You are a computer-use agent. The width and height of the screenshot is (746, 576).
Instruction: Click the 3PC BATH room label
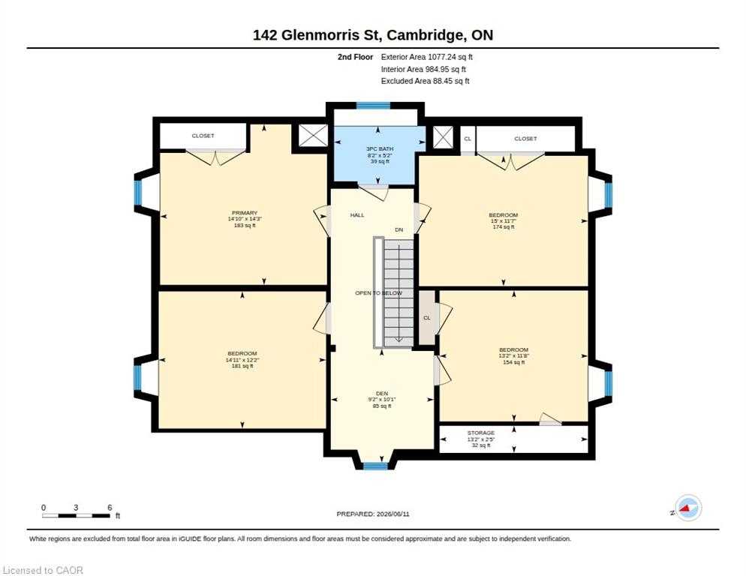point(380,155)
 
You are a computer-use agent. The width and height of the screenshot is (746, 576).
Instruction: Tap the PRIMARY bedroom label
point(245,219)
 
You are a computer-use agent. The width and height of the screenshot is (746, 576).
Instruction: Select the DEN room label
point(382,400)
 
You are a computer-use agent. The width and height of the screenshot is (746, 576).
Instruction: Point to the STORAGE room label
point(480,439)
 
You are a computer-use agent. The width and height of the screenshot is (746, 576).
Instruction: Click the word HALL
point(357,215)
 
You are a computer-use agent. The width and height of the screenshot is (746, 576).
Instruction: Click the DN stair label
point(399,229)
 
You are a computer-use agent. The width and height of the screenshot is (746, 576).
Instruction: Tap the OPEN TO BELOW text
point(379,293)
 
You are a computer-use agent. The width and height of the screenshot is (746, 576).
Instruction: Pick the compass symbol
point(688,508)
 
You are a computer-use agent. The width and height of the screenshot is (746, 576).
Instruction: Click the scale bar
point(76,515)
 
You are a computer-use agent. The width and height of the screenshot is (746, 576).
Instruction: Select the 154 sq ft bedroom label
point(513,355)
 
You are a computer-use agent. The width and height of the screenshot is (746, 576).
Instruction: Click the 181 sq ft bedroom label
point(242,359)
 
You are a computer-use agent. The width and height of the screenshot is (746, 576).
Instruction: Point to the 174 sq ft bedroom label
point(503,220)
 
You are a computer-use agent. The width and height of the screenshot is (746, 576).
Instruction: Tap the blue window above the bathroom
point(374,106)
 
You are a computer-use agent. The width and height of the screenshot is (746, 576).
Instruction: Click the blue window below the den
point(375,466)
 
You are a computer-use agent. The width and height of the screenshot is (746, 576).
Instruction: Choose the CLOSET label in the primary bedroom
point(203,136)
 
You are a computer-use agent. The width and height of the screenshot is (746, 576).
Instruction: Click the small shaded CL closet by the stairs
point(427,318)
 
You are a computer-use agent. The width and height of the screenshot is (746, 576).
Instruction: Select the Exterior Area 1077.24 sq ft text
point(427,57)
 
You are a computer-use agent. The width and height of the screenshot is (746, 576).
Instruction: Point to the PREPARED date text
point(373,514)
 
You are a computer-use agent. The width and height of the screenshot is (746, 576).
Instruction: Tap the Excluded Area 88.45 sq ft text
point(426,81)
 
